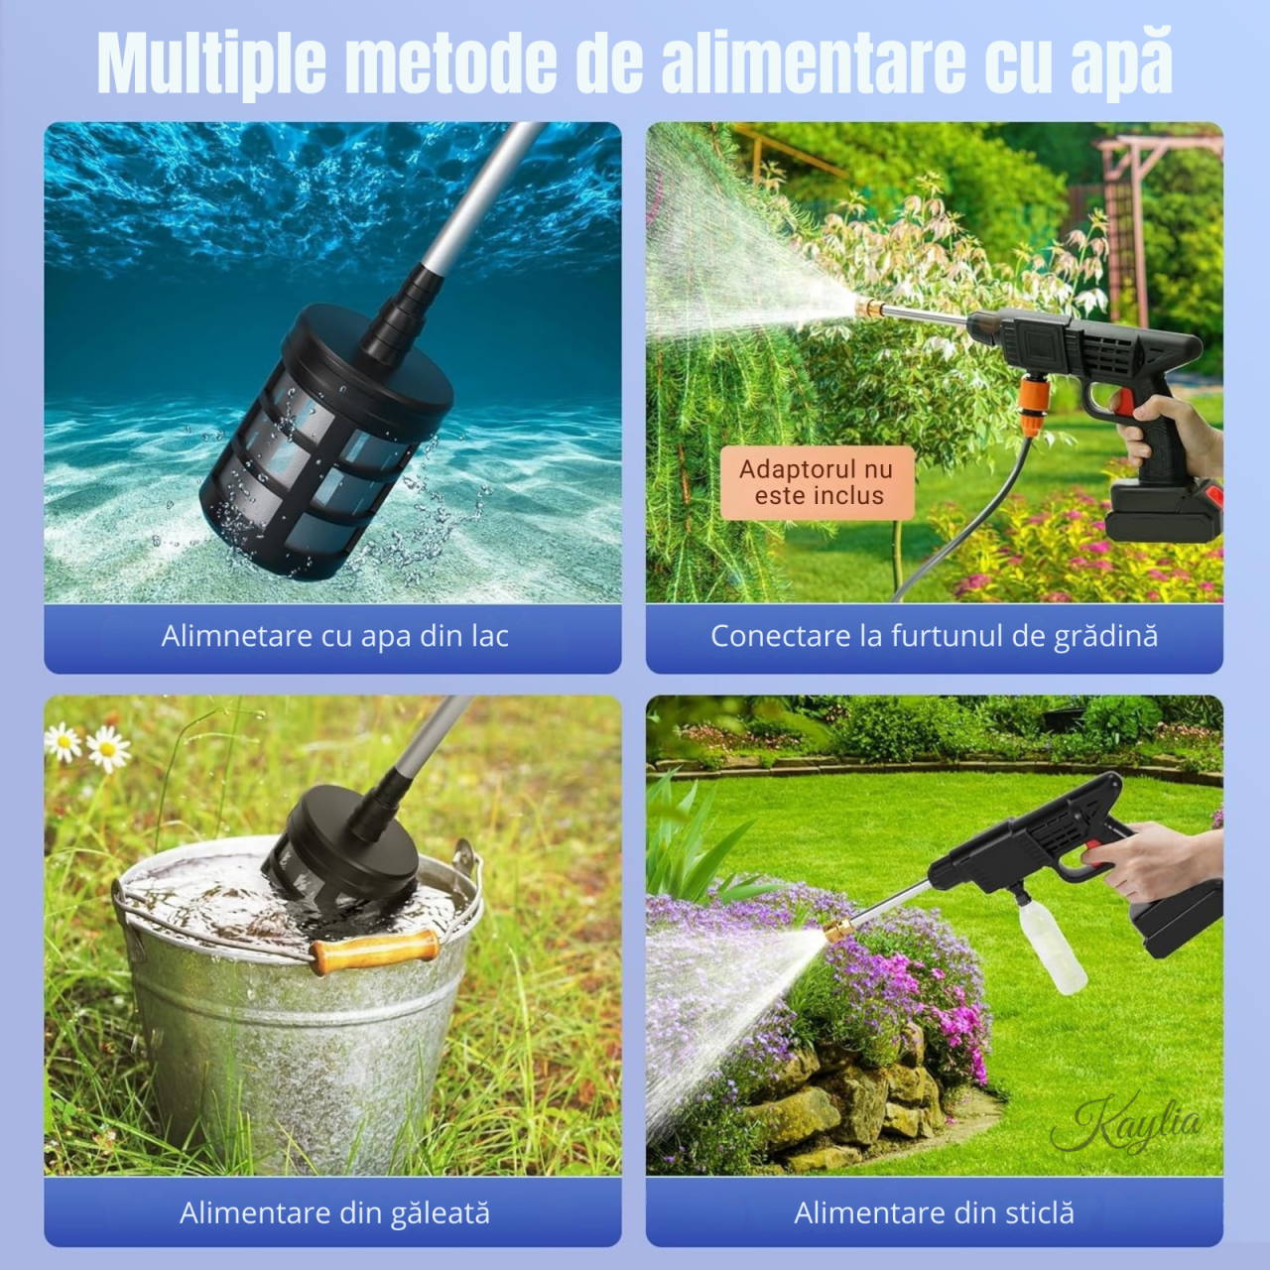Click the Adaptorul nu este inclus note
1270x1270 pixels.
[x=817, y=483]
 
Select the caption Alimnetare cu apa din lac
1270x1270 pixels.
[x=334, y=636]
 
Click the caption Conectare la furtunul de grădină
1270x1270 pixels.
[x=934, y=636]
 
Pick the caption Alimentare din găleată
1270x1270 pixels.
[x=334, y=1212]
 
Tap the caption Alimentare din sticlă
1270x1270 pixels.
[x=934, y=1212]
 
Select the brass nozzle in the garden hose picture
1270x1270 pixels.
[x=869, y=306]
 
